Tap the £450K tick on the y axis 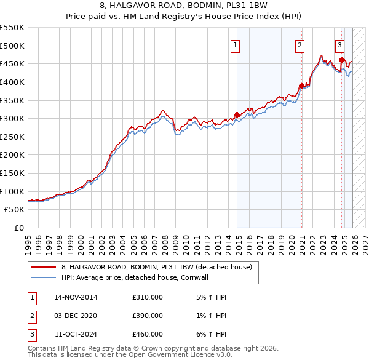pyautogui.click(x=13, y=63)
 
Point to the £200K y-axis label pyautogui.click(x=13, y=155)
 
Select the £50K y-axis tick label pyautogui.click(x=15, y=210)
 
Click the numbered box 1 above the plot pyautogui.click(x=236, y=44)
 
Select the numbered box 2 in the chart pyautogui.click(x=300, y=44)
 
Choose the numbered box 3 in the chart pyautogui.click(x=339, y=44)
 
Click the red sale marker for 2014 pyautogui.click(x=237, y=114)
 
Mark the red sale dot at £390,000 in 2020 pyautogui.click(x=301, y=86)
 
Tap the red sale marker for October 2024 pyautogui.click(x=342, y=60)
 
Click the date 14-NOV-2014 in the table pyautogui.click(x=76, y=297)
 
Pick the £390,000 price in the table pyautogui.click(x=148, y=316)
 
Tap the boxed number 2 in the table pyautogui.click(x=32, y=316)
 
